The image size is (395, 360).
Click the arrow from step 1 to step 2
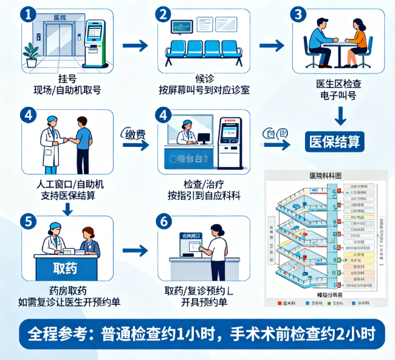click(135, 46)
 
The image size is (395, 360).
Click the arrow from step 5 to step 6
click(135, 250)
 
